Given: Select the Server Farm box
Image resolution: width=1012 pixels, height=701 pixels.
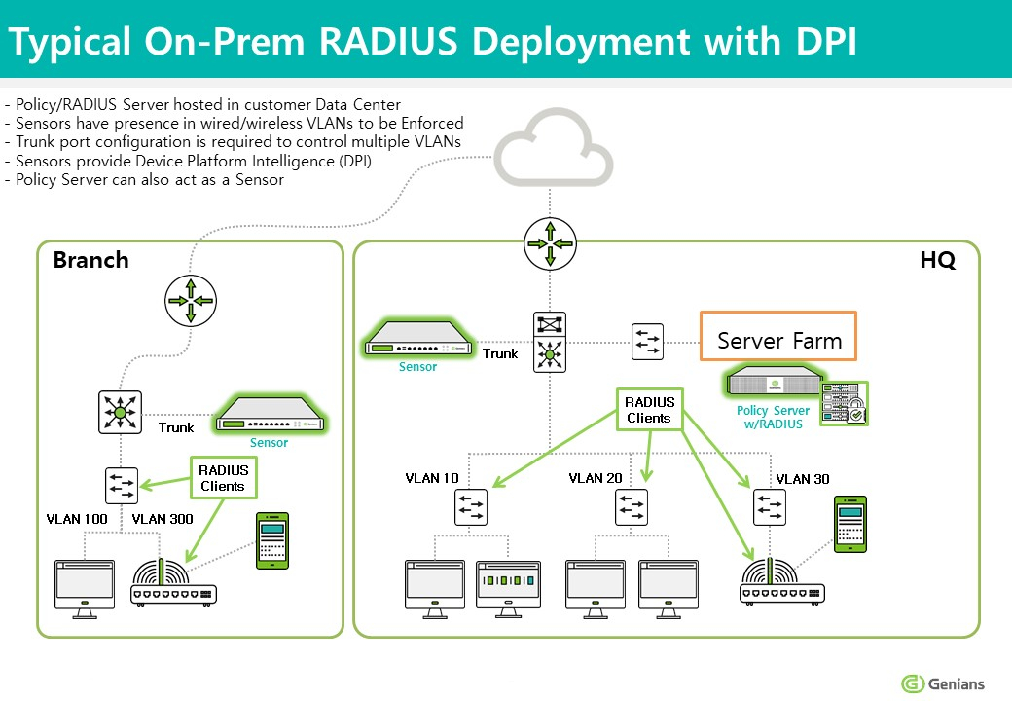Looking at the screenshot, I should click(x=778, y=341).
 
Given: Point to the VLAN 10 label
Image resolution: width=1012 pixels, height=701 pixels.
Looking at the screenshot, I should click(x=432, y=478).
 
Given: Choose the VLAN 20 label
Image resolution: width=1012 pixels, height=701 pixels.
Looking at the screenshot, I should click(x=596, y=478).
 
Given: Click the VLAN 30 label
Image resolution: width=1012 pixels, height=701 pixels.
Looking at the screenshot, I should click(x=803, y=478).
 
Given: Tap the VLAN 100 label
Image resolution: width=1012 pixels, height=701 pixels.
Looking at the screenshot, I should click(x=77, y=519).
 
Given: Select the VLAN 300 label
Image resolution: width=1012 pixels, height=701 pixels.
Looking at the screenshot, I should click(x=163, y=519).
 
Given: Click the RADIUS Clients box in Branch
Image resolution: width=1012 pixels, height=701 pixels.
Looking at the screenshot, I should click(x=223, y=478).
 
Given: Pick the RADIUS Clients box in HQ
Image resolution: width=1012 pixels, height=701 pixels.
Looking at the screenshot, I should click(x=648, y=409).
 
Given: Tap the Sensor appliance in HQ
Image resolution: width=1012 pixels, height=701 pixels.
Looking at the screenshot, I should click(x=418, y=342).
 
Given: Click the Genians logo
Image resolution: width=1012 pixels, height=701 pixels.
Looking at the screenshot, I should click(x=943, y=683).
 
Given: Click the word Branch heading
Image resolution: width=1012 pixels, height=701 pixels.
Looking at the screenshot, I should click(x=90, y=260).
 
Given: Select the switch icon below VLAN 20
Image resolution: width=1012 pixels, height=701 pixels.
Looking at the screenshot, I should click(x=632, y=506).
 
